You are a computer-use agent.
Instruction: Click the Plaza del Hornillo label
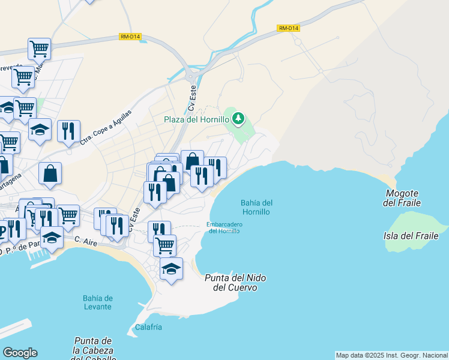click(196, 119)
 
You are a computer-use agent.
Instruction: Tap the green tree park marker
click(238, 118)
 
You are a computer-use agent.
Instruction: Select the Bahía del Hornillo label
click(256, 207)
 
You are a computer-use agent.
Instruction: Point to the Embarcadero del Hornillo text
click(224, 228)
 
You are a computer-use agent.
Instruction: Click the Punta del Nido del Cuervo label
click(235, 283)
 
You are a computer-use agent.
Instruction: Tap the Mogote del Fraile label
click(402, 199)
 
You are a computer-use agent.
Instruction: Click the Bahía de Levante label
click(97, 302)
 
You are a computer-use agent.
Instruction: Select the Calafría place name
click(148, 327)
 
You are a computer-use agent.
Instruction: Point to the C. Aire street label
click(85, 240)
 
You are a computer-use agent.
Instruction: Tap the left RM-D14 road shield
click(130, 37)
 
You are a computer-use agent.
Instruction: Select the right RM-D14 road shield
click(288, 28)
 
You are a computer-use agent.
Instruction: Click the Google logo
click(20, 353)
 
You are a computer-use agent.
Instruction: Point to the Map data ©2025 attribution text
click(391, 355)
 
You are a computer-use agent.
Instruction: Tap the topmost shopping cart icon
click(39, 48)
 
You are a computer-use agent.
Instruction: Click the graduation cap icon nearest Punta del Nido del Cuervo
click(171, 269)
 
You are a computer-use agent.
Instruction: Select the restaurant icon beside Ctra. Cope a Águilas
click(68, 130)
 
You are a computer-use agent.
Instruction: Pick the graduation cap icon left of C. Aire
click(52, 238)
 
